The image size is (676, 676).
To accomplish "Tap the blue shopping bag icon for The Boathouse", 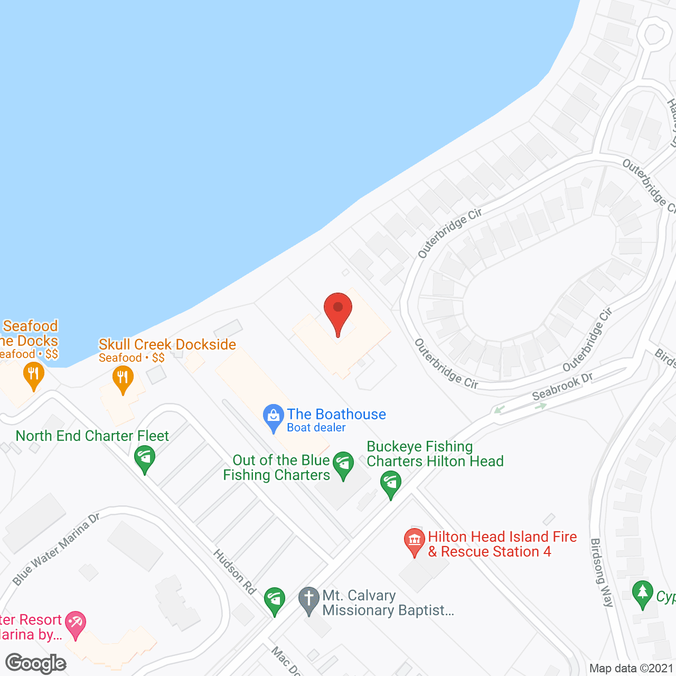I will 274,417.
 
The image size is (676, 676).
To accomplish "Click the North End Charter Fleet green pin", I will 144,458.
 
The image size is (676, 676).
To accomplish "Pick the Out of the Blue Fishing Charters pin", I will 343,465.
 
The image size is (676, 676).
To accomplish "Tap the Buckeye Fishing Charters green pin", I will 391,485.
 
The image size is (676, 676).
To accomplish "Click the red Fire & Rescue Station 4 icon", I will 415,542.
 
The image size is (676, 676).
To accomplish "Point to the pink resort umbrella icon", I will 76,624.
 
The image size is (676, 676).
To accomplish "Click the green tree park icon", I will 643,594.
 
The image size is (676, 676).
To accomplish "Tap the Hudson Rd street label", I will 235,571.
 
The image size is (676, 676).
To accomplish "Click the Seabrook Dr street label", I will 562,387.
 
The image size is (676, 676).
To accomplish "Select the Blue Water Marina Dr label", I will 56,549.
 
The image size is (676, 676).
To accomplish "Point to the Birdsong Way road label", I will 602,572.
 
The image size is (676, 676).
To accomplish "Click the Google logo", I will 36,663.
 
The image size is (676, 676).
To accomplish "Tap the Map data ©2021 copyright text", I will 631,668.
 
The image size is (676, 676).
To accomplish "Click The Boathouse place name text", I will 336,414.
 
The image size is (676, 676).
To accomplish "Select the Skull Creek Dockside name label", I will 167,344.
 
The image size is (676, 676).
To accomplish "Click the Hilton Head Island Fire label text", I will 502,537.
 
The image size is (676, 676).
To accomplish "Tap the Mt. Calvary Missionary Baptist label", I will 388,603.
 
